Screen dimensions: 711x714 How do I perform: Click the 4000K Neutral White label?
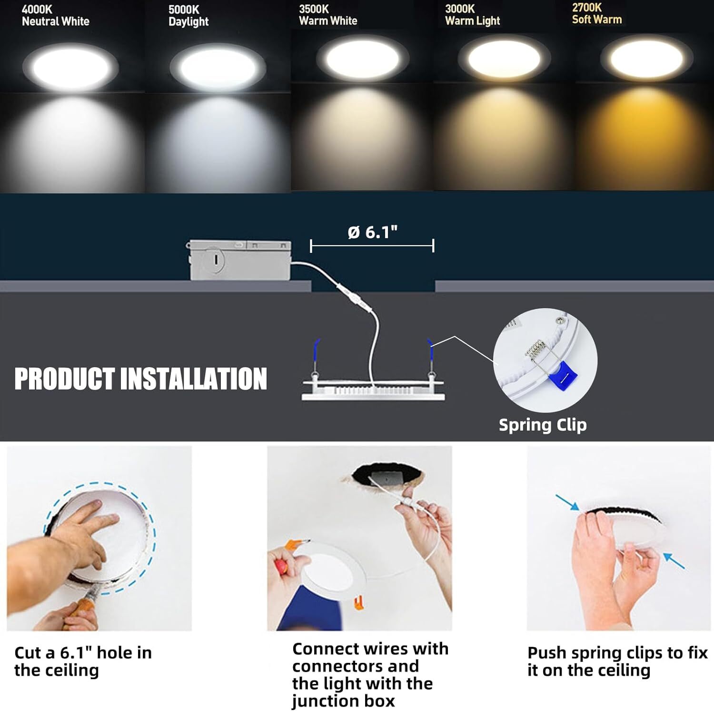55,15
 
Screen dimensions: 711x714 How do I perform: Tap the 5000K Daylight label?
188,16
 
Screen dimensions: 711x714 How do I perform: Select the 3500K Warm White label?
328,15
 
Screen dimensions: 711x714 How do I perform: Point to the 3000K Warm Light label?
472,15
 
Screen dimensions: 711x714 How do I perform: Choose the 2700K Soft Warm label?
596,13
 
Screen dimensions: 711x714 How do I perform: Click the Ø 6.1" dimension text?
372,232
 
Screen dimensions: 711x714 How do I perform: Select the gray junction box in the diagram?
240,260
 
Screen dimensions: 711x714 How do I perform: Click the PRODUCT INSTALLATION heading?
140,379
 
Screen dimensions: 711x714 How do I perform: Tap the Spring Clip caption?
542,424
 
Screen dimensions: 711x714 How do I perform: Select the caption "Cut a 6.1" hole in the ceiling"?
83,661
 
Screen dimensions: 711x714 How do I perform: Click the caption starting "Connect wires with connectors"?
369,674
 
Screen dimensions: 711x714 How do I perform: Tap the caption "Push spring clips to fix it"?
617,661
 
